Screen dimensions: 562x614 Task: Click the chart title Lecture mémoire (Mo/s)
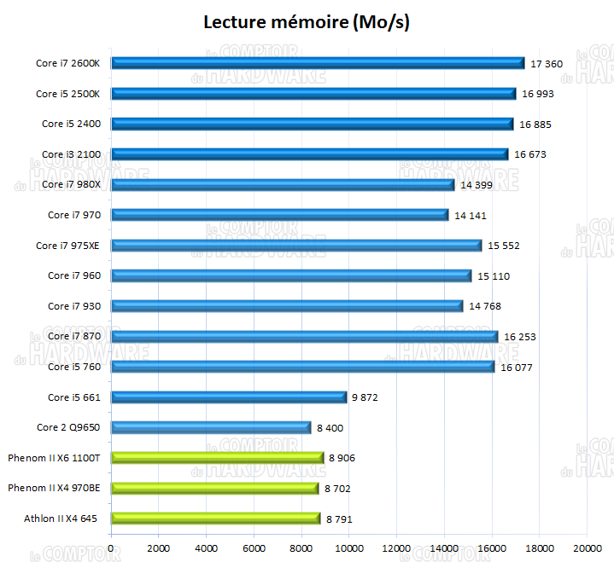click(307, 23)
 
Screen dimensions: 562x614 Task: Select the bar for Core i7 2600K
click(318, 63)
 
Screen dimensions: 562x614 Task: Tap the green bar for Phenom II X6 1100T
click(218, 458)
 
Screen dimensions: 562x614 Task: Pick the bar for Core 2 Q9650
click(211, 428)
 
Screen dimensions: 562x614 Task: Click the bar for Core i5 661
click(229, 397)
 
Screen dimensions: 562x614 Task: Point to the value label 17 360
click(547, 63)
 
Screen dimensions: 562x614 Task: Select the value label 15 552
click(504, 246)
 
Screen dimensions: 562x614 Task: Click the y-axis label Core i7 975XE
click(68, 246)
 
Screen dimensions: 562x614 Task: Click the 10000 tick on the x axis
click(348, 548)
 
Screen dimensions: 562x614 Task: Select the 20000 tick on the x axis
click(587, 548)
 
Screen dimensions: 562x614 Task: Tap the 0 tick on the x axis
click(111, 548)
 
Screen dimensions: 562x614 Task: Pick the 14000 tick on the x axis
click(444, 548)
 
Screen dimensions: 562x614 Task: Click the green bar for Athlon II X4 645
click(216, 519)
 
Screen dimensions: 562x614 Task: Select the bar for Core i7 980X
click(283, 185)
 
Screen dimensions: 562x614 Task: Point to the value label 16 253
click(520, 337)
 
